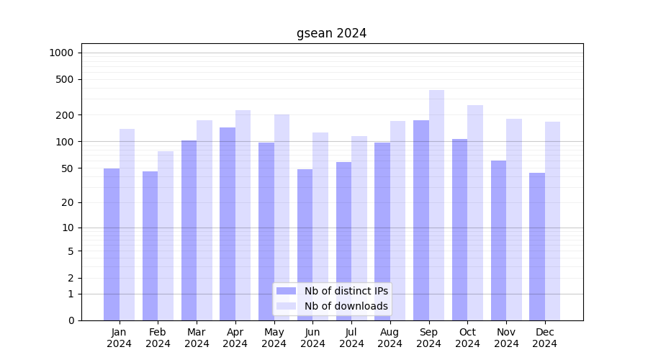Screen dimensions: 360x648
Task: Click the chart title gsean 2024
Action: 331,33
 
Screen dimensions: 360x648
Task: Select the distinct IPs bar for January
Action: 112,245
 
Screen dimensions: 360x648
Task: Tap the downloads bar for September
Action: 436,205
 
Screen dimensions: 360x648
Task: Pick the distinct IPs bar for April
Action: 228,224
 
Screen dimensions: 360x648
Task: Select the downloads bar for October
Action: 475,213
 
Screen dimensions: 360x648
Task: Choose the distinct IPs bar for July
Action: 343,241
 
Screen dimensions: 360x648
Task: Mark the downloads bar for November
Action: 514,220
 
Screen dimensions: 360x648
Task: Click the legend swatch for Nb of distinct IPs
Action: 286,291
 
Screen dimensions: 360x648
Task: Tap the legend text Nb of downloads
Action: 346,306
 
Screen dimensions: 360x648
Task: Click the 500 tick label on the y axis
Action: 64,79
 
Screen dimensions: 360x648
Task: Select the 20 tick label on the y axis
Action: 67,202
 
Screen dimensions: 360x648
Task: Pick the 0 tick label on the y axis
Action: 71,320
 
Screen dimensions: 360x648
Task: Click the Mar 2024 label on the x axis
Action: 197,338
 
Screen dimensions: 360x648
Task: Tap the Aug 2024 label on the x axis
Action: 390,338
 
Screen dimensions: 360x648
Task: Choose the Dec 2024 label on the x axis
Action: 544,338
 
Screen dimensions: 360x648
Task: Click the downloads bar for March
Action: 204,220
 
